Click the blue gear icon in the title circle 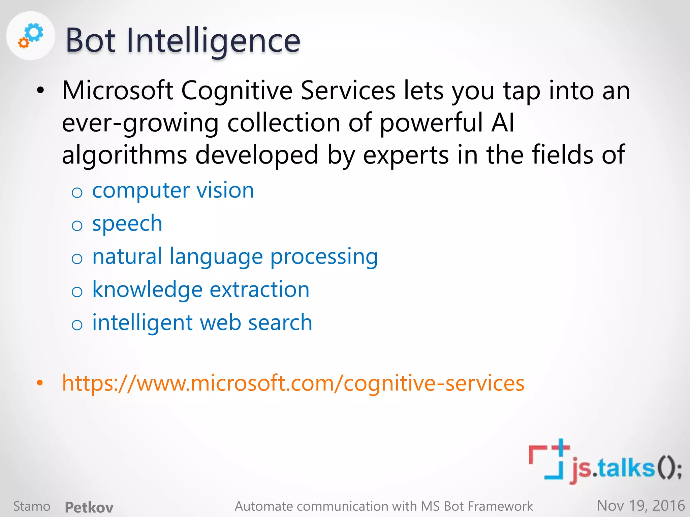(34, 32)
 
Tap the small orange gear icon (24, 43)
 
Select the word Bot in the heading (90, 41)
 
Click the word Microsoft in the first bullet (118, 91)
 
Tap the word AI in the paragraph (503, 123)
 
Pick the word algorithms (124, 155)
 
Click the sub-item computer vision (173, 191)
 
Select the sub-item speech (127, 223)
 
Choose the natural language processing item (235, 256)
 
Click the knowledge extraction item (201, 289)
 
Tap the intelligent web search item (202, 322)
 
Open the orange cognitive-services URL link (293, 383)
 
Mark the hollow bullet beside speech (77, 226)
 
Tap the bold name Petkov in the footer (89, 507)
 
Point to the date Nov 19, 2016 (640, 506)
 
